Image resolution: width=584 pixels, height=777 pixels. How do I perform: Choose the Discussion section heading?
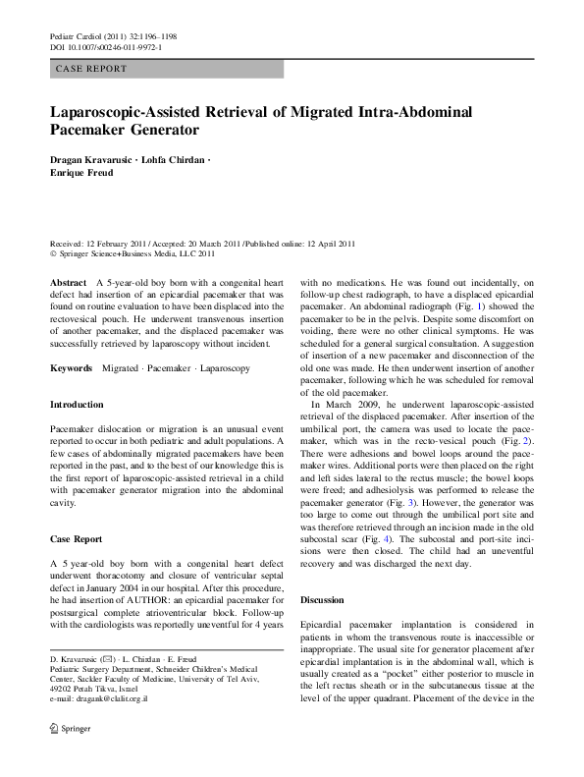click(325, 598)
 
